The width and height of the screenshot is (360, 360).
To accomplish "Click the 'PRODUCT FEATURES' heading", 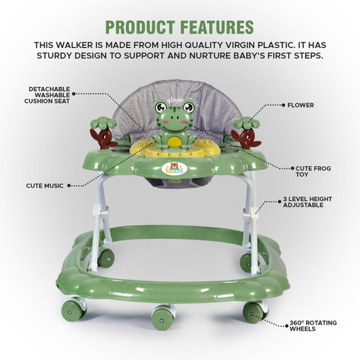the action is [180, 27].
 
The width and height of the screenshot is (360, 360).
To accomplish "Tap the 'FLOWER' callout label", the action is [301, 105].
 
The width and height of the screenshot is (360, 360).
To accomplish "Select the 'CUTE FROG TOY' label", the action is [313, 172].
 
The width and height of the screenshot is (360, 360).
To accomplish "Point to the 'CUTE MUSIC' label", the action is [45, 186].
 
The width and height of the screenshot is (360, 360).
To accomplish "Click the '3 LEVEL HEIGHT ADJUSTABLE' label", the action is [307, 202].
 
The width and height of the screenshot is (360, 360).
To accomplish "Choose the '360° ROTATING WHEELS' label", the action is [313, 325].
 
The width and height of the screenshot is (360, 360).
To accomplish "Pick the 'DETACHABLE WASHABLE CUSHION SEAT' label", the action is [47, 95].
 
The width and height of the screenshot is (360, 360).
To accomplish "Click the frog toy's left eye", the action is [160, 107].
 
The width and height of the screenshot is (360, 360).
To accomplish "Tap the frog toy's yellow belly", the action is [175, 142].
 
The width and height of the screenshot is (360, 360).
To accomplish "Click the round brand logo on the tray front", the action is [175, 169].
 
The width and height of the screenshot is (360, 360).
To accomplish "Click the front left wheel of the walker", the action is [73, 309].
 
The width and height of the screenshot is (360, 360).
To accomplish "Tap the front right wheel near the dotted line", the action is [255, 313].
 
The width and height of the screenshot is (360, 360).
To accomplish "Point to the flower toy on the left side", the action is [103, 133].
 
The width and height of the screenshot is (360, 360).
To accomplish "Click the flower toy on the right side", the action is [246, 133].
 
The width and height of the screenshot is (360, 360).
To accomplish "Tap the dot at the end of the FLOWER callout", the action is [283, 105].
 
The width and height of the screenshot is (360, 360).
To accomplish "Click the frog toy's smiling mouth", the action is [174, 128].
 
